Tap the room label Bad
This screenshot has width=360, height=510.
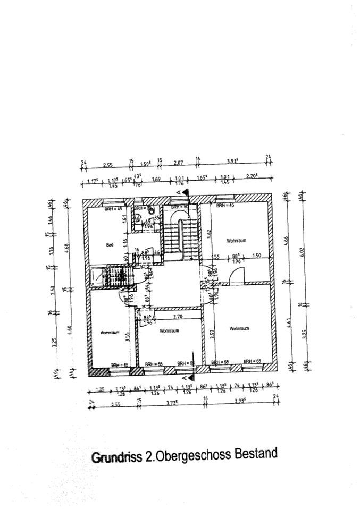click(110, 245)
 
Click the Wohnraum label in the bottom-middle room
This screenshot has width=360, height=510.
click(169, 330)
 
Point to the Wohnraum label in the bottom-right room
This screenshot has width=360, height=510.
click(240, 329)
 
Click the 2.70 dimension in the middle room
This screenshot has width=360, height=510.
click(178, 317)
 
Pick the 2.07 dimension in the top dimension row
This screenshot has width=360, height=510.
click(178, 163)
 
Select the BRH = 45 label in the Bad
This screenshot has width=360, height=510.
click(113, 209)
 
